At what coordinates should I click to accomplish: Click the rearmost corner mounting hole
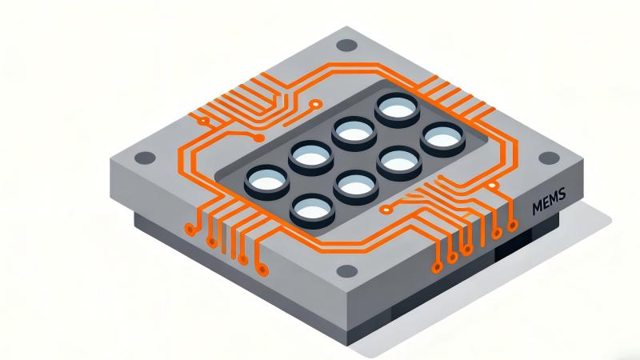pos(346,46)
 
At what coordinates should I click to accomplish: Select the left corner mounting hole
pos(143,158)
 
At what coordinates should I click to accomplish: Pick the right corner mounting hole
pos(547,158)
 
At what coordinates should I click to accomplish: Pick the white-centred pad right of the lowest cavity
pos(387,210)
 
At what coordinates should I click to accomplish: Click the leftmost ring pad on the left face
pos(190,230)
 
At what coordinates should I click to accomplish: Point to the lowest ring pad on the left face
pos(260,270)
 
